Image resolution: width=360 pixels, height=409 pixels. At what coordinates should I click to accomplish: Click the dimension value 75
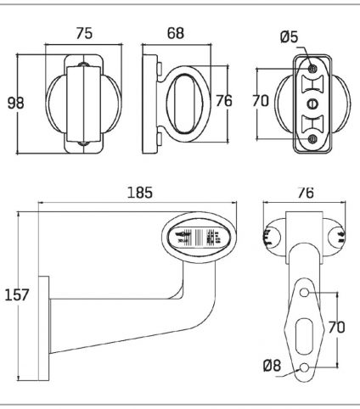click(84, 33)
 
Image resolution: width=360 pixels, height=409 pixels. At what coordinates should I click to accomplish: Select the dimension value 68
click(176, 33)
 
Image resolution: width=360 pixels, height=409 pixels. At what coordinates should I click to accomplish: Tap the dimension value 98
click(15, 103)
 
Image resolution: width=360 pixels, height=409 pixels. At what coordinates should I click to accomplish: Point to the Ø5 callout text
click(290, 36)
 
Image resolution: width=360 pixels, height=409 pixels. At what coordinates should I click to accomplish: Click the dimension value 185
click(140, 193)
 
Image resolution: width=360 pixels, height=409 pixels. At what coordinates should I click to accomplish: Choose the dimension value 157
click(17, 294)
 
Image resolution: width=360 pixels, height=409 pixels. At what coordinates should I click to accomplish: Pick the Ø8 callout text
click(272, 366)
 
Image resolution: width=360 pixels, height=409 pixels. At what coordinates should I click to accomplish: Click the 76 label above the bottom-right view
click(306, 193)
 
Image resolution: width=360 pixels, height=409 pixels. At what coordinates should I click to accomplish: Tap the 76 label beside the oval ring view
click(224, 101)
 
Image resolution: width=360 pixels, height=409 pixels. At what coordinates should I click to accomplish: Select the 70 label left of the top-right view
click(261, 101)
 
